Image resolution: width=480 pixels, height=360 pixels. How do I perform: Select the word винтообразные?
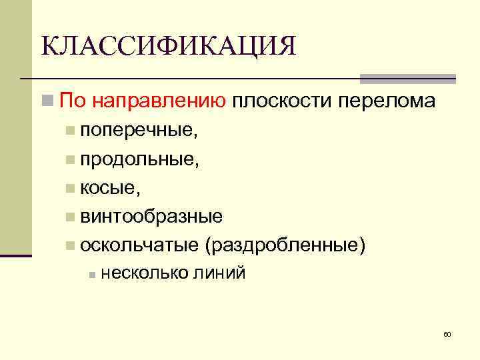(x=151, y=217)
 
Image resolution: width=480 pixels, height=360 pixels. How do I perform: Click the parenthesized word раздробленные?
(x=287, y=246)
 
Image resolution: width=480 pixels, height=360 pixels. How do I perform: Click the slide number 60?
(x=447, y=334)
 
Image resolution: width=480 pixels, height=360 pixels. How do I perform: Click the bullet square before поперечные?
(x=71, y=131)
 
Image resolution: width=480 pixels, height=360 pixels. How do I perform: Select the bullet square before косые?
(x=71, y=189)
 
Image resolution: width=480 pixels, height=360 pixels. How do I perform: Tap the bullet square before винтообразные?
(x=71, y=218)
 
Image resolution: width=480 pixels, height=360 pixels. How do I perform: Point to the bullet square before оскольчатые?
(x=71, y=247)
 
